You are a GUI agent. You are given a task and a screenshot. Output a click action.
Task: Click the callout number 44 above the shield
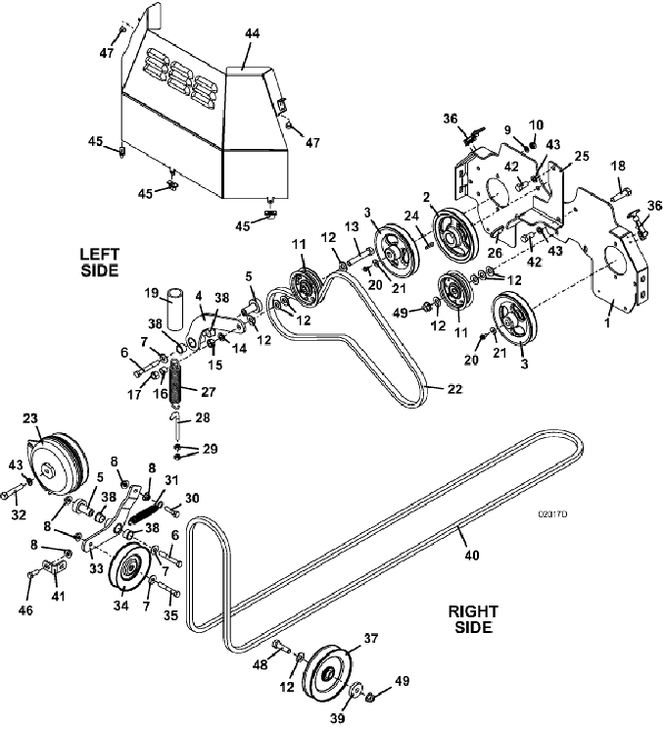pos(252,33)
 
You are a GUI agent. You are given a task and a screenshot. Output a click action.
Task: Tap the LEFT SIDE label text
pos(100,263)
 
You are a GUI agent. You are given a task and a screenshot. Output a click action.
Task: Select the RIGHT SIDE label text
pos(473,619)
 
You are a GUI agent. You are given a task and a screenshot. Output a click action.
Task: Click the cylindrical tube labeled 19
pos(174,309)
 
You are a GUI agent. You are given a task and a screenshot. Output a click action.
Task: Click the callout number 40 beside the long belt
pos(472,555)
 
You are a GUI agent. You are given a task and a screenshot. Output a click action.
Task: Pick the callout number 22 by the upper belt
pos(454,389)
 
